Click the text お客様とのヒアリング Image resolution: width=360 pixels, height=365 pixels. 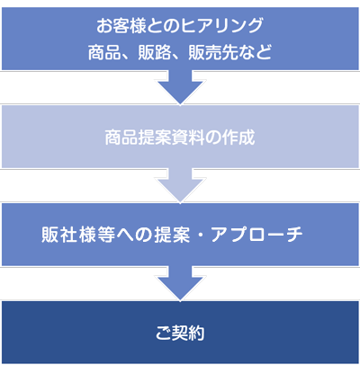(x=180, y=25)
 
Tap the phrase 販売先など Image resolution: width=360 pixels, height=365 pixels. (x=229, y=52)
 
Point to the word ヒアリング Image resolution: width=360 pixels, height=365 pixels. (x=221, y=25)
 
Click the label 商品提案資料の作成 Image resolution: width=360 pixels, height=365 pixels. (x=180, y=138)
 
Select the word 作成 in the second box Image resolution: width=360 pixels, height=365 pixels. (x=238, y=138)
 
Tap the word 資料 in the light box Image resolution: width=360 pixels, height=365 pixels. (x=188, y=138)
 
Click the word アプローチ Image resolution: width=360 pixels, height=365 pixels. (x=256, y=235)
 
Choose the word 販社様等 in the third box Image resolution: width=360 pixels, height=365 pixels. (x=78, y=235)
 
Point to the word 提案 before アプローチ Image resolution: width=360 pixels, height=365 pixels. (x=172, y=235)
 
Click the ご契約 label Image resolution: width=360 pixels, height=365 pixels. (x=180, y=333)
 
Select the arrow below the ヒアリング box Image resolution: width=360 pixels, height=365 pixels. (x=180, y=87)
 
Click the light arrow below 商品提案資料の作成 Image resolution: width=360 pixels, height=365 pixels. (x=180, y=185)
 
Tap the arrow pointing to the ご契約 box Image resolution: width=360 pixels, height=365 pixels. (x=180, y=283)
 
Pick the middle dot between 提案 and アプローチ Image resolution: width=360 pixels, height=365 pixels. (x=200, y=235)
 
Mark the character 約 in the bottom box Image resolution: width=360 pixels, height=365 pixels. (x=196, y=333)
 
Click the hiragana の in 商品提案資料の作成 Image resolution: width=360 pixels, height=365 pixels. (x=213, y=138)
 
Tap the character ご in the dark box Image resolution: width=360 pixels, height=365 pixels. (x=164, y=333)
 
